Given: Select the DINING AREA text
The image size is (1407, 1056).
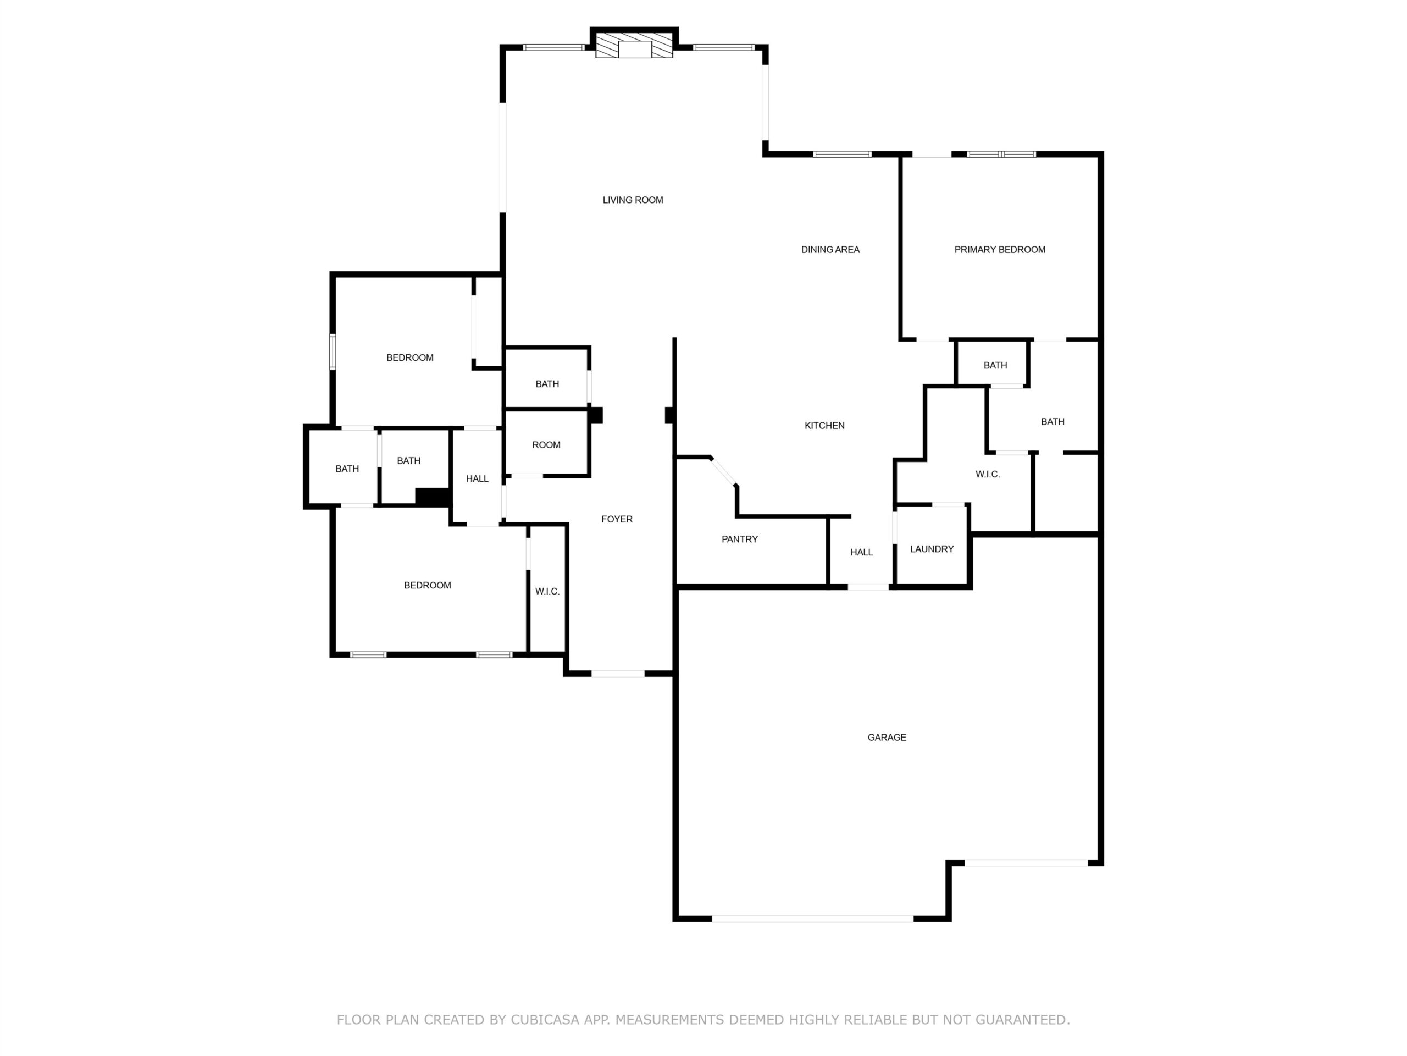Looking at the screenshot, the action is [x=830, y=250].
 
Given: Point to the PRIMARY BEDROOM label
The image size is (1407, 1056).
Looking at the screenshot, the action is [x=999, y=250].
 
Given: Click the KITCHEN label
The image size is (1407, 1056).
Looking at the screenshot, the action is [x=824, y=425].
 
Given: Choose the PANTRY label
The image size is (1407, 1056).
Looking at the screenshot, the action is [x=739, y=539].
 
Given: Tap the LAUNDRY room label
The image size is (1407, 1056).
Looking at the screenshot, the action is [x=931, y=549].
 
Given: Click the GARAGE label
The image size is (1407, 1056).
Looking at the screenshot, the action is [x=887, y=737].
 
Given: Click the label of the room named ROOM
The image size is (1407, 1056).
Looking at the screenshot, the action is [x=546, y=445].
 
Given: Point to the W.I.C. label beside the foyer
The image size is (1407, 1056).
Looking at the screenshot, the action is [x=547, y=591].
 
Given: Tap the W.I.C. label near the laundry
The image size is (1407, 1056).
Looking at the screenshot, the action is [x=987, y=474].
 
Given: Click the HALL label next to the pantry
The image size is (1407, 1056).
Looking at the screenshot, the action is [x=861, y=552].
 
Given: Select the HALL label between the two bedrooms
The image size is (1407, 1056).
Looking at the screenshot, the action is [x=477, y=479].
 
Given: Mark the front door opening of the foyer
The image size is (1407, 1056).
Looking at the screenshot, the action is [x=618, y=673].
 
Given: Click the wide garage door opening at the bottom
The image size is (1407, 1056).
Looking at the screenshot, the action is [x=812, y=919].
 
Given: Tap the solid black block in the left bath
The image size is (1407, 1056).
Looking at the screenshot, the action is [x=433, y=497].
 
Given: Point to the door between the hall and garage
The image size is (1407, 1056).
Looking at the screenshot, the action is [x=868, y=586].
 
